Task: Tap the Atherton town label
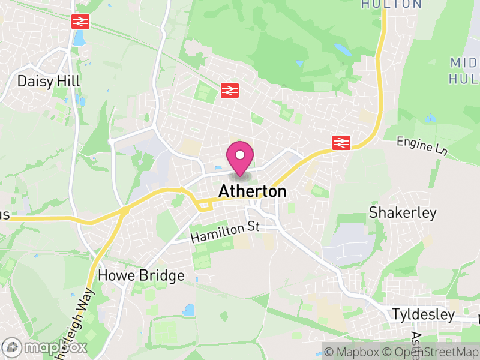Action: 253,191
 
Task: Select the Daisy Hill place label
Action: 49,80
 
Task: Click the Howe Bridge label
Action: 141,276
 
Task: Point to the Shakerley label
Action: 403,213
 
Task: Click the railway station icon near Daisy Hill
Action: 80,22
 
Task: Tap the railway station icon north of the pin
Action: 230,90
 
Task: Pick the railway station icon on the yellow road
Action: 341,142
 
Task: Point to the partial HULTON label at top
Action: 392,4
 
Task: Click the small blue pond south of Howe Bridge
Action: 189,310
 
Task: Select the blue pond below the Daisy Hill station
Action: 79,39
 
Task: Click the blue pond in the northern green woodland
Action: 343,48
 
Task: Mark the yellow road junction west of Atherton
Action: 125,210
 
